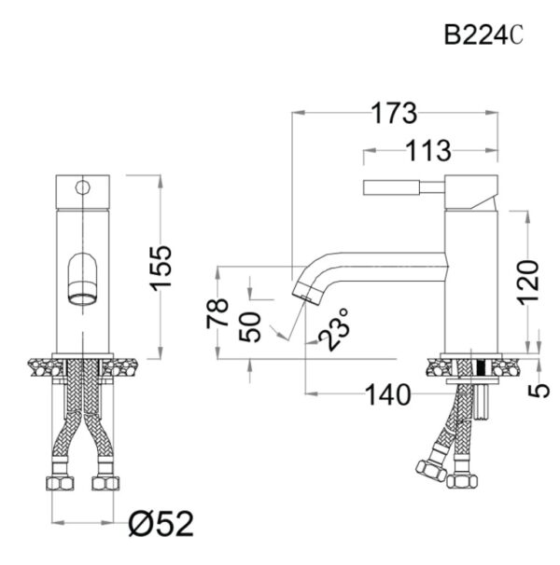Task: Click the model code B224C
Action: (x=483, y=35)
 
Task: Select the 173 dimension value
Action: (x=395, y=114)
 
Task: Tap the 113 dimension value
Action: (x=429, y=148)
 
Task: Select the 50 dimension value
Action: (x=250, y=327)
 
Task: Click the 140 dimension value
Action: (x=387, y=395)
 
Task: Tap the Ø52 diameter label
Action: (x=160, y=525)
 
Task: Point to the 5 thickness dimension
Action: (x=539, y=391)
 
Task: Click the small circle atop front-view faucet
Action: (x=83, y=187)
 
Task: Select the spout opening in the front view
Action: (x=81, y=298)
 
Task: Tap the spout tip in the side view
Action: (x=307, y=289)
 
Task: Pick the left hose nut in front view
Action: (x=60, y=483)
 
